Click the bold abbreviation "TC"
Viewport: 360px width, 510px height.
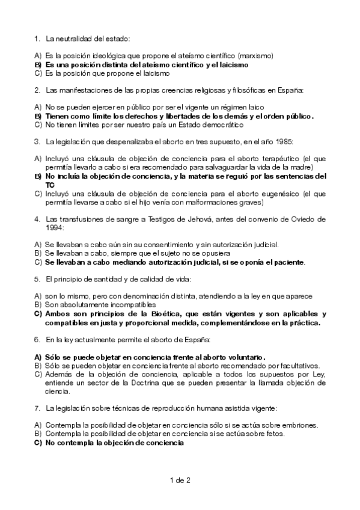[50, 185]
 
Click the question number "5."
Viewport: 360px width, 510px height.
[37, 279]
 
